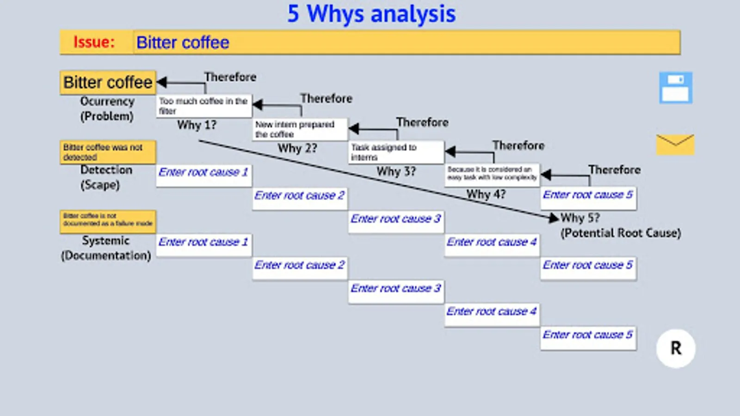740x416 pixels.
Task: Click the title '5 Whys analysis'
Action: click(x=371, y=14)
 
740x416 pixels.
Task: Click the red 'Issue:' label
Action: click(x=94, y=42)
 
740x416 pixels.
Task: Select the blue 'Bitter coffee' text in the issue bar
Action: click(x=183, y=43)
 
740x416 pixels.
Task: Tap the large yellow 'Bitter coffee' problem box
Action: click(x=108, y=82)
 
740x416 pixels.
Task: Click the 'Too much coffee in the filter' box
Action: click(x=203, y=106)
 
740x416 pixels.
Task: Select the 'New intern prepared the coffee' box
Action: click(x=300, y=129)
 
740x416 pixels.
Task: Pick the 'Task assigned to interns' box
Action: click(x=396, y=152)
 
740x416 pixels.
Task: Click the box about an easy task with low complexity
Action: click(x=492, y=174)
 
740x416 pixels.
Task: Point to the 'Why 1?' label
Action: click(x=197, y=125)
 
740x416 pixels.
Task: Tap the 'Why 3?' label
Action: click(x=396, y=171)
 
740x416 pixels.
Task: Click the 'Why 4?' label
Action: click(x=486, y=194)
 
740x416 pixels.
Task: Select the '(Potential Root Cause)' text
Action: click(x=621, y=233)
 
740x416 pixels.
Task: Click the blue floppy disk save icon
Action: click(x=676, y=87)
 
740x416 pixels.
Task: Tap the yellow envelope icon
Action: click(x=675, y=144)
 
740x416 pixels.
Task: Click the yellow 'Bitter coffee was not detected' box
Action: click(x=108, y=152)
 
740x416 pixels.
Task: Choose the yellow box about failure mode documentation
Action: click(x=108, y=220)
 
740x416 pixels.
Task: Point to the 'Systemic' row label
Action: click(x=106, y=240)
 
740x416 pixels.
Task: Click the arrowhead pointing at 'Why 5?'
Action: click(x=553, y=217)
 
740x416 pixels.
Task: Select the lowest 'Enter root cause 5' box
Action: click(x=588, y=337)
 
